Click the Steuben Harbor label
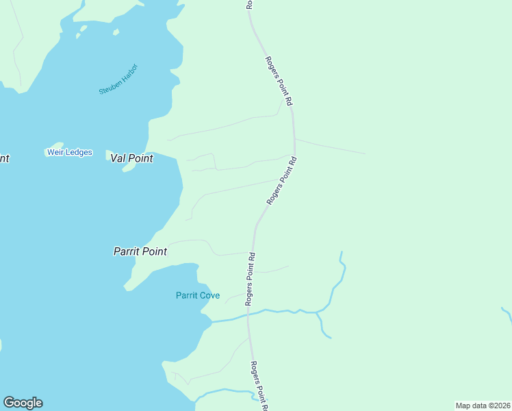(118, 79)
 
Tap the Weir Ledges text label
(69, 152)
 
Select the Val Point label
(131, 158)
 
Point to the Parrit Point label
(140, 251)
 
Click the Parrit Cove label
(198, 295)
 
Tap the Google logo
(23, 403)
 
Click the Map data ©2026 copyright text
(483, 406)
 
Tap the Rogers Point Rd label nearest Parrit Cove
(251, 279)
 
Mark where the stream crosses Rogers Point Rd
(249, 314)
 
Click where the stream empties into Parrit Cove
(213, 321)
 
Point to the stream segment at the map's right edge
(507, 314)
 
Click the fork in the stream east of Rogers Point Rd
(318, 312)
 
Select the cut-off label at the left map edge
(3, 158)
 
